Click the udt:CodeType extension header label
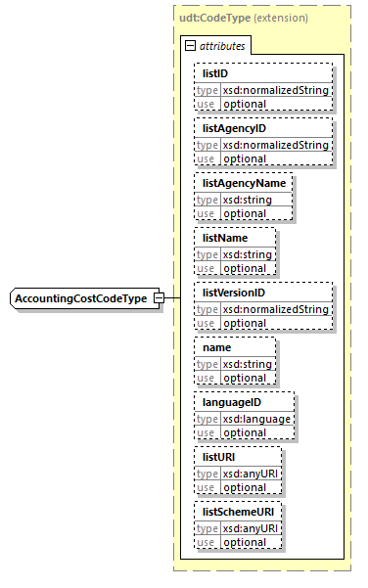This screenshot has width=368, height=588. coord(242,18)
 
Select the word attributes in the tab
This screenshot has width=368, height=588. coord(222,45)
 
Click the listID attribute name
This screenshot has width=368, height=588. coord(215,73)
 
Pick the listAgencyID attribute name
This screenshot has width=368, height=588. coord(234,128)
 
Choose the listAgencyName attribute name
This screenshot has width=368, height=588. coord(241,183)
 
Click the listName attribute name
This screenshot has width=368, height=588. coord(224,238)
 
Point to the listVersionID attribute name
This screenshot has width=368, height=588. coord(234,293)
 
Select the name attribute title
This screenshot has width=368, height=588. coord(217,347)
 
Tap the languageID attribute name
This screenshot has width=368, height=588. coord(232,402)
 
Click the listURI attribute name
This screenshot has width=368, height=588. coord(219,457)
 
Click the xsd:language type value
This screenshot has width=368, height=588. coord(256,419)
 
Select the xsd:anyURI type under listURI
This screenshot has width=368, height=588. coord(252,474)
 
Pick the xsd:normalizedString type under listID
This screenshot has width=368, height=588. coord(276,90)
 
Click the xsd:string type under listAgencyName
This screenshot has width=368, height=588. coord(245,200)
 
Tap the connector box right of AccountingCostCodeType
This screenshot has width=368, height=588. coord(170,297)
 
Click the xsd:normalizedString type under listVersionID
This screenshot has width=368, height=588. coord(276,309)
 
